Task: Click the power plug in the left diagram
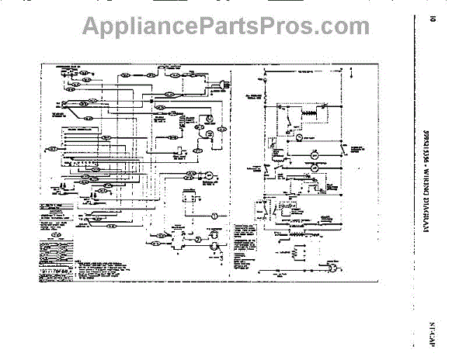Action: [x=224, y=83]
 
